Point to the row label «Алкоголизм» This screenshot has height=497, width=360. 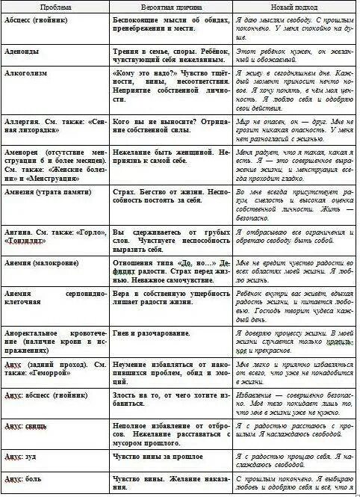pyautogui.click(x=28, y=76)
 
